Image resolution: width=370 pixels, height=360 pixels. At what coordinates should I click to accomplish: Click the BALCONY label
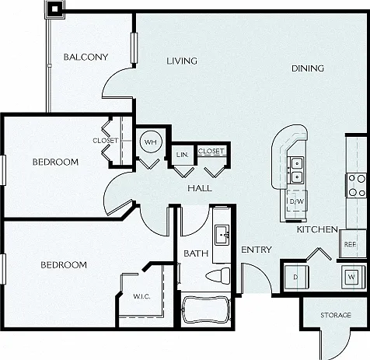[x=86, y=57]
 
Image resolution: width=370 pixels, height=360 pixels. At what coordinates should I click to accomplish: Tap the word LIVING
[x=182, y=61]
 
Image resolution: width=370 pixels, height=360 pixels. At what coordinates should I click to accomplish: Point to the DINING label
[x=308, y=68]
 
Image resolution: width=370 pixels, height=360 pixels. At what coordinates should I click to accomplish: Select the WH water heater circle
[x=151, y=142]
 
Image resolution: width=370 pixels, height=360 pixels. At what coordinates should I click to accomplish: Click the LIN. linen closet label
[x=182, y=155]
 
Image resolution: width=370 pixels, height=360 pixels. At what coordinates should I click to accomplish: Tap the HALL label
[x=200, y=188]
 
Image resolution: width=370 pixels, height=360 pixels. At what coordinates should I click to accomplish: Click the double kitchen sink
[x=297, y=170]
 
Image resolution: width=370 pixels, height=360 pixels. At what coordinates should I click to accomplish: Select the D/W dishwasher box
[x=297, y=201]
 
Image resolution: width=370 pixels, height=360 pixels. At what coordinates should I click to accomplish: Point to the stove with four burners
[x=357, y=185]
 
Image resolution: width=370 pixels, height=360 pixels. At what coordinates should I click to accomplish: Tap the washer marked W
[x=351, y=277]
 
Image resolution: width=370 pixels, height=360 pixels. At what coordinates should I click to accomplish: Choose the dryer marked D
[x=296, y=277]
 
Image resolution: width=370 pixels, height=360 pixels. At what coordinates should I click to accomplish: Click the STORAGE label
[x=336, y=315]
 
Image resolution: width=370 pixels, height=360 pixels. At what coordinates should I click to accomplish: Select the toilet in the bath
[x=218, y=275]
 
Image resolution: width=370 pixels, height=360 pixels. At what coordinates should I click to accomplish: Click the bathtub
[x=206, y=309]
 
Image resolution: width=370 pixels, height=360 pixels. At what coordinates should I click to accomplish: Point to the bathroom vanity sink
[x=222, y=235]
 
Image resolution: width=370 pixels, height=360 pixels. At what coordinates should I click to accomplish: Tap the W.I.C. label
[x=141, y=296]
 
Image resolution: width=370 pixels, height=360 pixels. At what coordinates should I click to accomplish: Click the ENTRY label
[x=257, y=250]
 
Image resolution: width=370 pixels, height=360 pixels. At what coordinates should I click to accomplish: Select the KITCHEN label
[x=317, y=229]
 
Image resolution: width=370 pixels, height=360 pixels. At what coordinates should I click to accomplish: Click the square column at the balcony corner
[x=54, y=9]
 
